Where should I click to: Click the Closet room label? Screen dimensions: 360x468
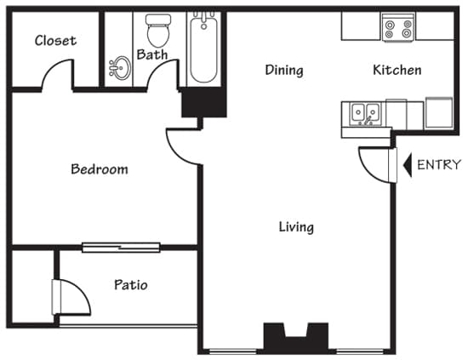[x=55, y=40]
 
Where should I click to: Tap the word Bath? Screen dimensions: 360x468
[x=152, y=55]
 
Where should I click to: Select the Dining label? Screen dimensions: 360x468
[x=283, y=70]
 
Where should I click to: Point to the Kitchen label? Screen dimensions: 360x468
[x=397, y=70]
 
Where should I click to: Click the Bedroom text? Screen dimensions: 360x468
[x=99, y=169]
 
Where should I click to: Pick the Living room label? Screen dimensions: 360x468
[x=296, y=227]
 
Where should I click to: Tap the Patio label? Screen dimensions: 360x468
[x=130, y=285]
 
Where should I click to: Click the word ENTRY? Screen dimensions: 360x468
[x=438, y=165]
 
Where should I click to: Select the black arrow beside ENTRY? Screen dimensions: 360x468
[x=407, y=164]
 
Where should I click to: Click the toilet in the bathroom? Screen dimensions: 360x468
[x=157, y=31]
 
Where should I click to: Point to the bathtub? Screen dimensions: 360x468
[x=203, y=49]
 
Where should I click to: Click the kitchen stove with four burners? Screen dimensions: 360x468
[x=397, y=28]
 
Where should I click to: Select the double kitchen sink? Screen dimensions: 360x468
[x=367, y=112]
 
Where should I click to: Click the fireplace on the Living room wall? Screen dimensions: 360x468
[x=295, y=338]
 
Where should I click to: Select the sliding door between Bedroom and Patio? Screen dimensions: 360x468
[x=121, y=248]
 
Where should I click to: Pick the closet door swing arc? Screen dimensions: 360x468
[x=57, y=77]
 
